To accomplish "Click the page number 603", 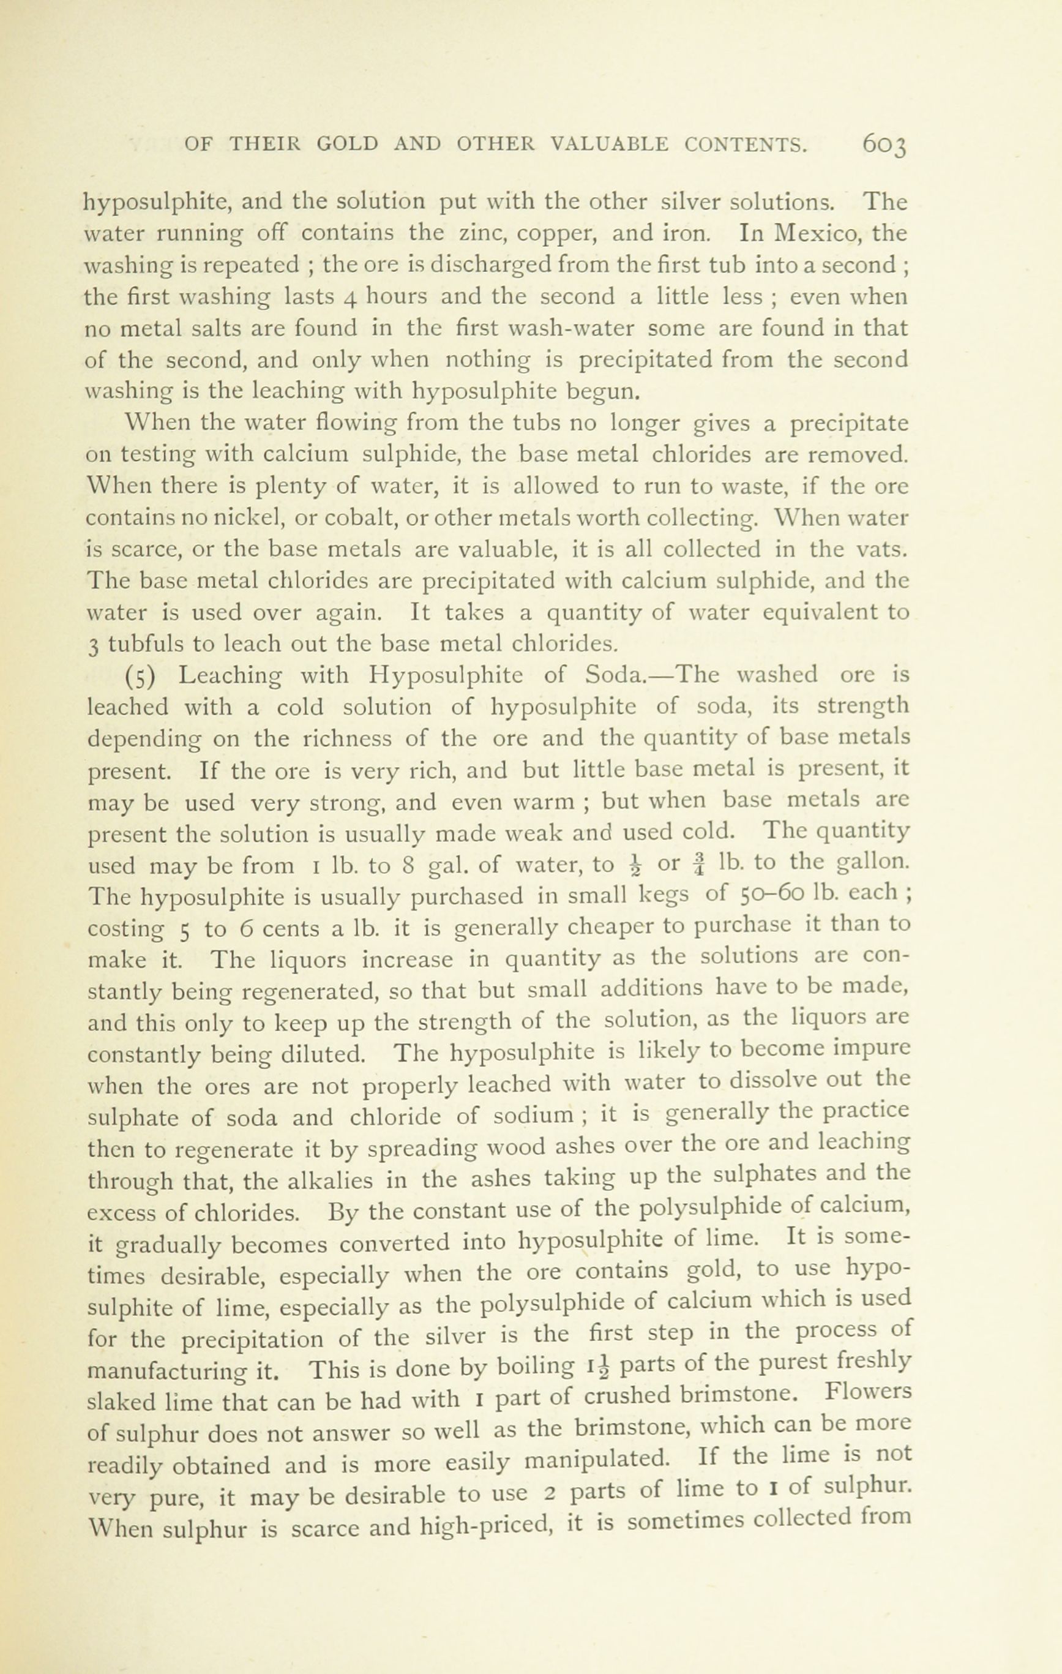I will pyautogui.click(x=884, y=145).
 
